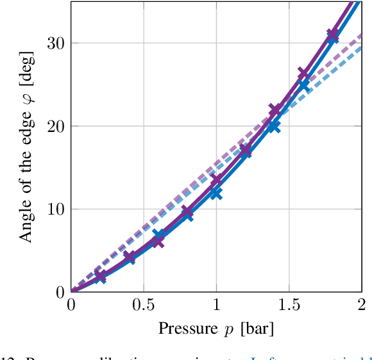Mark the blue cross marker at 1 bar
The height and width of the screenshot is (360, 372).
tap(216, 192)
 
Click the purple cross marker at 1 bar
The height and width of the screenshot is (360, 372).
tap(216, 180)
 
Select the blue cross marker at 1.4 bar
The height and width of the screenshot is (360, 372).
tap(274, 126)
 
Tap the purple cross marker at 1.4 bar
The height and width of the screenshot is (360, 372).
tap(275, 110)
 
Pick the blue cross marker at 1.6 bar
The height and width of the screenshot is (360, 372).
tap(303, 85)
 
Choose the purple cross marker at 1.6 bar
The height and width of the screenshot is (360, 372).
tap(304, 74)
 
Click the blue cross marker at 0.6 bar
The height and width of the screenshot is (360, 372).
tap(159, 236)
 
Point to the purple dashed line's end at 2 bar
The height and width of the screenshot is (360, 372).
tap(361, 34)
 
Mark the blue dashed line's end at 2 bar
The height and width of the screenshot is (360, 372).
tap(361, 46)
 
